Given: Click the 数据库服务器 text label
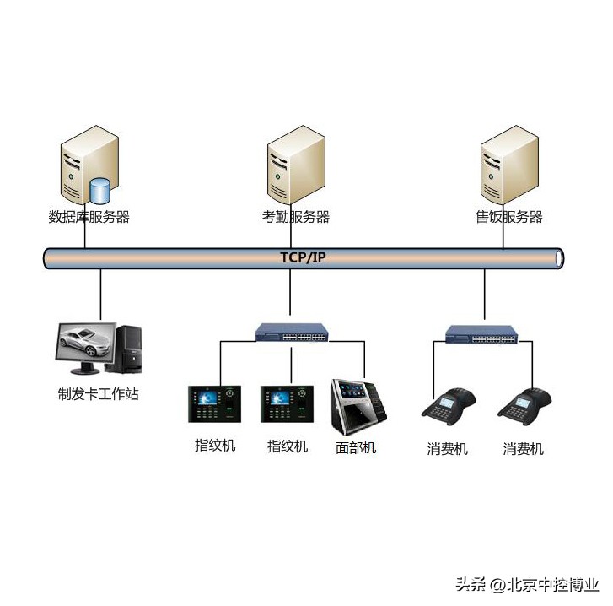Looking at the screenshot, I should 89,217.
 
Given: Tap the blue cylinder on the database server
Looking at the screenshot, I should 101,190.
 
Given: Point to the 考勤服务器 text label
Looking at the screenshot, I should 295,217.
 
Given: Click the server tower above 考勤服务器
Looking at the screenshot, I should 296,165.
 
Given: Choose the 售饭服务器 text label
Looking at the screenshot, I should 508,217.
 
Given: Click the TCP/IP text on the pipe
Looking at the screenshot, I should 303,257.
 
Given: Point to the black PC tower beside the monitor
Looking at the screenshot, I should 130,348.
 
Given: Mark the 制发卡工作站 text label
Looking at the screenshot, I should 98,393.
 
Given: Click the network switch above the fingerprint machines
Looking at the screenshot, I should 293,334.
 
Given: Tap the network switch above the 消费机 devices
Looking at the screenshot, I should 482,335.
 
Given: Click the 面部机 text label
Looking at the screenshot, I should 356,448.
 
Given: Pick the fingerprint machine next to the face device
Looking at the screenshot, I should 287,403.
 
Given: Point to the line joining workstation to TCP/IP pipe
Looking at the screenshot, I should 101,295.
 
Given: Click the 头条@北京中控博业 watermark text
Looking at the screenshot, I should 527,585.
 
